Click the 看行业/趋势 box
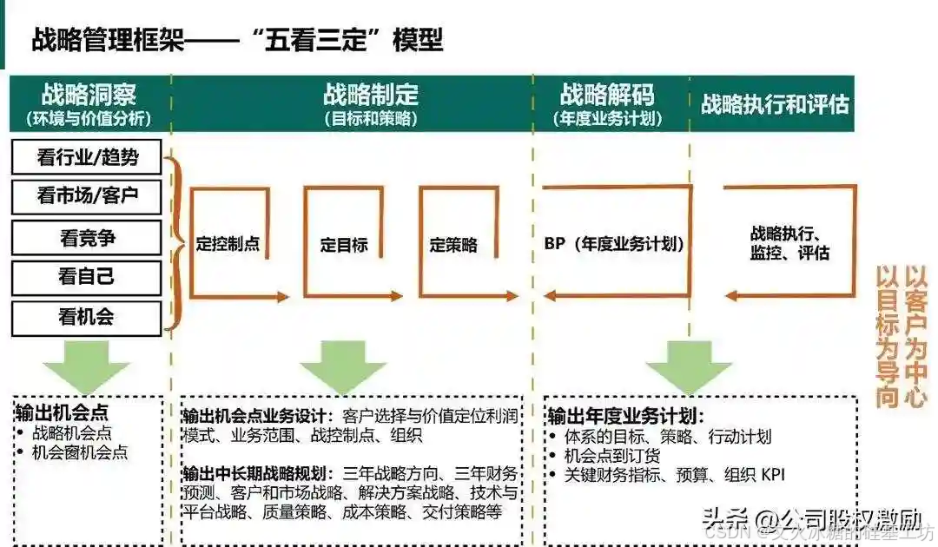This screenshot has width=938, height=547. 87,157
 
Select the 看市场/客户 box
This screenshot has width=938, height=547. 87,197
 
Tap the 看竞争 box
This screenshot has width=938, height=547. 87,237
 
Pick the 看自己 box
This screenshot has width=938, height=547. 87,278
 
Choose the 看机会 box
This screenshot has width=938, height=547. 87,318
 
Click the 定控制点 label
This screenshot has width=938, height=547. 228,245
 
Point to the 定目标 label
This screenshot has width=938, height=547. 344,245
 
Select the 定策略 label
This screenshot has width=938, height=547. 453,245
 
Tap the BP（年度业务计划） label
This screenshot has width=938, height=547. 614,245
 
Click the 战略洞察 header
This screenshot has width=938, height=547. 89,95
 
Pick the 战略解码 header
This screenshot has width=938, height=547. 608,95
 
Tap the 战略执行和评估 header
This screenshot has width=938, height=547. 775,104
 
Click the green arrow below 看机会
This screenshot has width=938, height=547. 87,365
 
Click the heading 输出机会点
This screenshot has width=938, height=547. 62,411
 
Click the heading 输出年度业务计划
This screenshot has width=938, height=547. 625,415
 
